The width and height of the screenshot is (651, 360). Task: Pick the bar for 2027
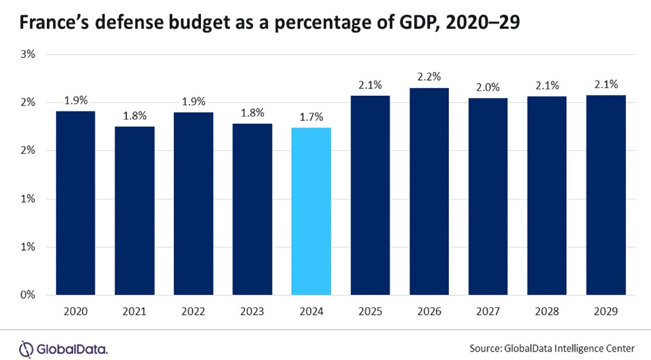(488, 196)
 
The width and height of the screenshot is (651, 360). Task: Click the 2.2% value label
(429, 77)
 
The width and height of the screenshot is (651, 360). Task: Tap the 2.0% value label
(488, 87)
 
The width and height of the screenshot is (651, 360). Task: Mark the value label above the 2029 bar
(606, 84)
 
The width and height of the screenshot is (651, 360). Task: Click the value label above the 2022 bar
(194, 101)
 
